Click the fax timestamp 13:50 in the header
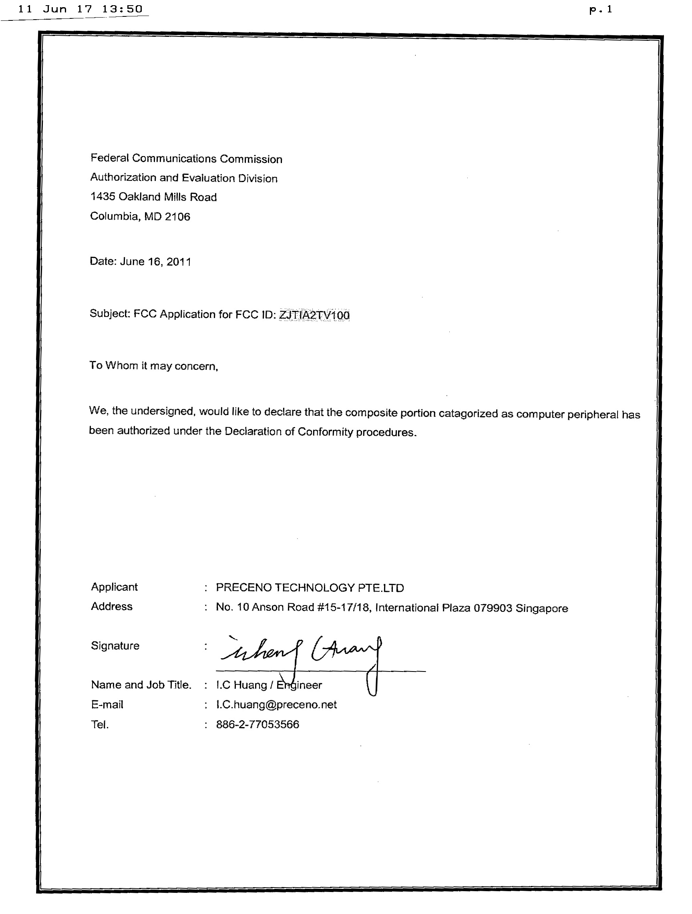[x=123, y=9]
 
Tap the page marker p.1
[x=601, y=10]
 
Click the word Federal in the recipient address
[x=110, y=158]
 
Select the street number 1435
[x=103, y=196]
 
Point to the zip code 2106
[x=177, y=216]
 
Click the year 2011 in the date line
[x=179, y=262]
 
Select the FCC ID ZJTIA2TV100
[x=314, y=315]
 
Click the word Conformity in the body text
[x=325, y=432]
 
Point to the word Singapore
[x=541, y=608]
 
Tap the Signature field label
[x=115, y=646]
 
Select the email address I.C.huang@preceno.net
[x=276, y=704]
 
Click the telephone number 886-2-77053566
[x=257, y=724]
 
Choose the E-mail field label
[x=107, y=704]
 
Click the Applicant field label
[x=114, y=587]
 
